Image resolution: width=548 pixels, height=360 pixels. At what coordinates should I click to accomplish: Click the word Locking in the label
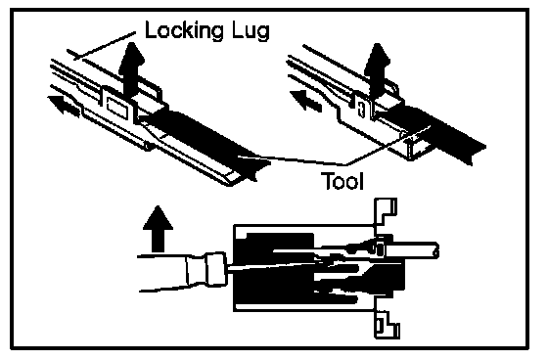(x=184, y=30)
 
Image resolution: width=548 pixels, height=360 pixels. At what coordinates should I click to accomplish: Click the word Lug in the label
(x=251, y=31)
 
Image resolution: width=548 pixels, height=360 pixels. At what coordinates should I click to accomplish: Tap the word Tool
(x=342, y=181)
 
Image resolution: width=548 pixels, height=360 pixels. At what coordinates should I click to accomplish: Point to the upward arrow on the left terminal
(x=131, y=68)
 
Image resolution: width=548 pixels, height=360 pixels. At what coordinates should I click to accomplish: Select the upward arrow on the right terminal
(x=377, y=69)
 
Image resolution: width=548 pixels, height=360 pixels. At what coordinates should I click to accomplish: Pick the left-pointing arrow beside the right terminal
(x=305, y=101)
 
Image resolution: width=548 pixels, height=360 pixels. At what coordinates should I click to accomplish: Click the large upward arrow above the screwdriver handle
(x=158, y=229)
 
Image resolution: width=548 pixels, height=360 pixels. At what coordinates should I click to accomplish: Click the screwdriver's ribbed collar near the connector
(x=216, y=269)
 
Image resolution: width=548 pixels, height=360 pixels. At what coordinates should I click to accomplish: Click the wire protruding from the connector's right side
(x=412, y=250)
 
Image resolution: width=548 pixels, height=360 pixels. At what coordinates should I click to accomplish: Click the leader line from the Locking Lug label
(x=105, y=45)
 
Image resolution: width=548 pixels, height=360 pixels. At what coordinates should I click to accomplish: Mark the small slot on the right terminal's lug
(x=362, y=109)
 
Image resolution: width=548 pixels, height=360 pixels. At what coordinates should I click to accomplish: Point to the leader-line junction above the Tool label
(x=346, y=164)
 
